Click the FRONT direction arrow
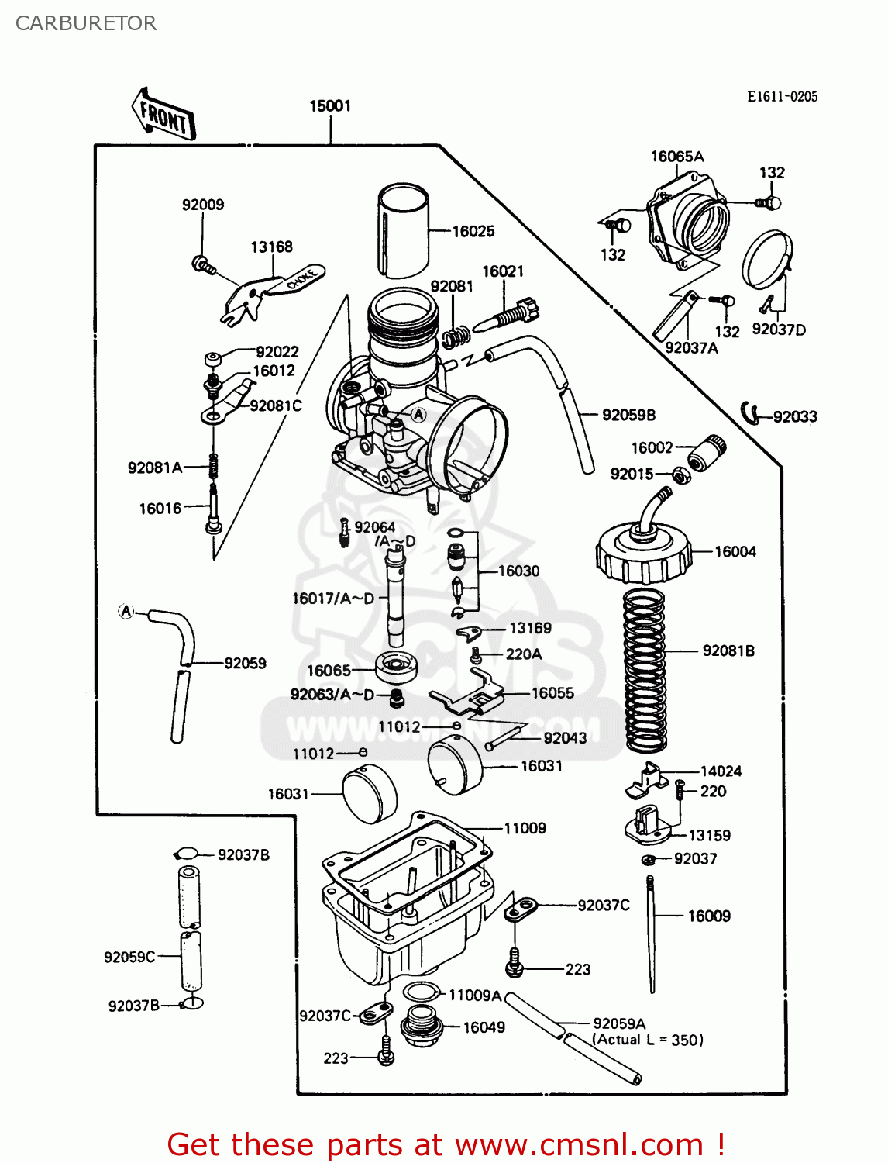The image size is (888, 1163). [x=163, y=115]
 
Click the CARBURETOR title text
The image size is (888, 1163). [x=86, y=23]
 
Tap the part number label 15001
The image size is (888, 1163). [x=330, y=105]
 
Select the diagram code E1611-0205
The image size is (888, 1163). [x=782, y=96]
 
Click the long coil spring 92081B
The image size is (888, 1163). [x=645, y=671]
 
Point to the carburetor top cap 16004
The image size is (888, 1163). [x=643, y=553]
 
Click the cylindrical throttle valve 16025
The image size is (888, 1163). [x=403, y=231]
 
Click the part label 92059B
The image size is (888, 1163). [x=628, y=415]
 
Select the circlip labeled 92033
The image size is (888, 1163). [x=749, y=413]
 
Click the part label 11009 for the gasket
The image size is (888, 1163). [x=525, y=828]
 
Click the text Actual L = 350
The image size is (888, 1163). [x=648, y=1040]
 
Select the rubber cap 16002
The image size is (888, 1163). [x=707, y=453]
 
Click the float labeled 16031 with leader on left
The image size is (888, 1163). [x=369, y=793]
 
